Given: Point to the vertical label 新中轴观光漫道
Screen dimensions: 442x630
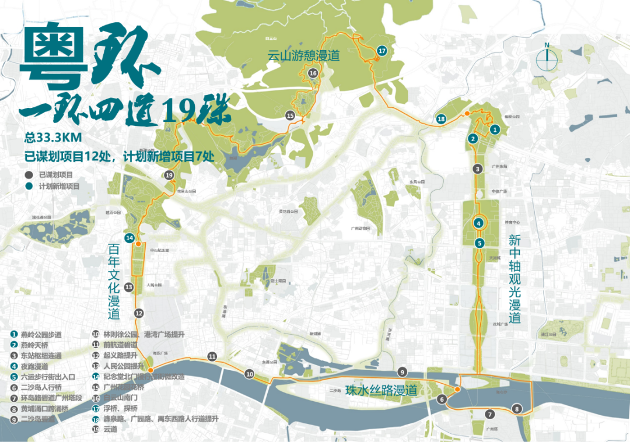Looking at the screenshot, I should point(514,279).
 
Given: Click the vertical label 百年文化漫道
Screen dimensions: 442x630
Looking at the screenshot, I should point(113,282).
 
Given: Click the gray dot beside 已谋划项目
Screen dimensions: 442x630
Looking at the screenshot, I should point(28,174).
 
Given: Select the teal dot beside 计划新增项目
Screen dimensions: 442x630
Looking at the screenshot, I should point(28,187).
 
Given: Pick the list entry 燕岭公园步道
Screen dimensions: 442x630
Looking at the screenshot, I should point(41,335).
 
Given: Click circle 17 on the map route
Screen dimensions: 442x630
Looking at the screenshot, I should point(381,51).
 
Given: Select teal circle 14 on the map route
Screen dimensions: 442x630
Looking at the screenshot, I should point(129,238).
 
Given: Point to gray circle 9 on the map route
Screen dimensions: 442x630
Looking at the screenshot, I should point(401,371).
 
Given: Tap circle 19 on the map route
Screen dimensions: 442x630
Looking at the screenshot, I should point(169,175).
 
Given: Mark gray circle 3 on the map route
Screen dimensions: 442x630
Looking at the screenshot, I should point(478,169).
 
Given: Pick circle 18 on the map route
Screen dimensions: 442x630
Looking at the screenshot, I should point(441,119).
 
